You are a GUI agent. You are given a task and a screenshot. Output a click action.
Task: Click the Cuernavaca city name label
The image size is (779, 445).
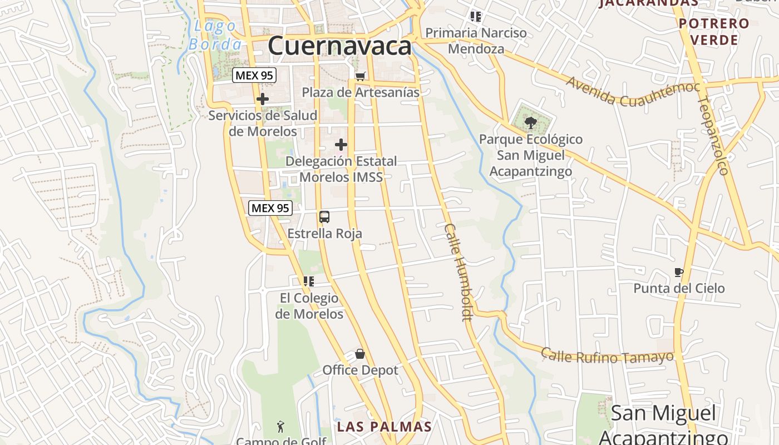tap(339, 46)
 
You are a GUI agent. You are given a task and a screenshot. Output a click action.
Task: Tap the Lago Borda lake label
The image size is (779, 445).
tap(215, 35)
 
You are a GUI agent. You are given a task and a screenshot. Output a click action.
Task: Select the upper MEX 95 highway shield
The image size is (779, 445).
tap(254, 75)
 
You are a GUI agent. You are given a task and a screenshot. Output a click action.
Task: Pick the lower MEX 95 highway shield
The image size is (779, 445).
tap(270, 208)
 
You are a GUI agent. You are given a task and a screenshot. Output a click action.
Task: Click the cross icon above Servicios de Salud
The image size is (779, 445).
tap(262, 100)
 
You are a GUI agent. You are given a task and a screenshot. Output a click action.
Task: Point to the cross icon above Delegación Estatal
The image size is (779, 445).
tap(341, 145)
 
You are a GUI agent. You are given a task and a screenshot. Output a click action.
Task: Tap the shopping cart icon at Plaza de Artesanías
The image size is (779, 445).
tap(361, 76)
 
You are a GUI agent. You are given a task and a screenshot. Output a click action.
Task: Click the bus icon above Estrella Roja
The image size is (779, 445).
tap(324, 217)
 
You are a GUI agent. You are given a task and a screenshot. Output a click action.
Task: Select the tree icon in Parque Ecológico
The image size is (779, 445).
tap(531, 122)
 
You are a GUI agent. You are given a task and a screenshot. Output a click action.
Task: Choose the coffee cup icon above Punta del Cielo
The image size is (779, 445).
tap(678, 272)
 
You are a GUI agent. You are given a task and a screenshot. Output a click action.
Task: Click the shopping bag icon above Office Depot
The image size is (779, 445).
tap(360, 354)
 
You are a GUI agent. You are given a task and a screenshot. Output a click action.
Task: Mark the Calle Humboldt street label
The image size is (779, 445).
tap(458, 273)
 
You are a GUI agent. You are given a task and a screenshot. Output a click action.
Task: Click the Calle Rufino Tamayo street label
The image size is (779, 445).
tap(607, 356)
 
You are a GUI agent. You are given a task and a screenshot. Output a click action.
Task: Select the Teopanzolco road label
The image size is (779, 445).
tap(713, 135)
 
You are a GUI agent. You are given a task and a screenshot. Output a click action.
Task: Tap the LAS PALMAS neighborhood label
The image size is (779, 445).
tap(384, 427)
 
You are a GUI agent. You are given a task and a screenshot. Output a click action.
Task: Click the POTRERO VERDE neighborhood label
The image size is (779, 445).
tap(714, 32)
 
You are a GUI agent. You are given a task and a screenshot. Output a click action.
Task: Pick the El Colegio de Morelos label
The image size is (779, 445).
tap(309, 306)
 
